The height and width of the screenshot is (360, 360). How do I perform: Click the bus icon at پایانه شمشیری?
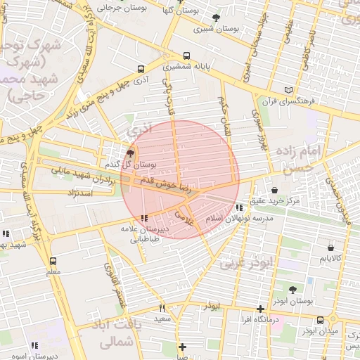[186, 56]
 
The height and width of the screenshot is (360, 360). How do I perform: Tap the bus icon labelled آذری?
[141, 70]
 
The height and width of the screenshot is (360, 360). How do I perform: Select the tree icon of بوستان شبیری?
[215, 18]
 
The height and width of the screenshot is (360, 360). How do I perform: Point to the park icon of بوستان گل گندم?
[129, 152]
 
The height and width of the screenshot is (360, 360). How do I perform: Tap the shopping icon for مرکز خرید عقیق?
[274, 189]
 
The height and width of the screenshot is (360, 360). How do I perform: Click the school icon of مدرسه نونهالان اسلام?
[240, 207]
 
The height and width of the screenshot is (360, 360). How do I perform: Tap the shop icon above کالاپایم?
[331, 247]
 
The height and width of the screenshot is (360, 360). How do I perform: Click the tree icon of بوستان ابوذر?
[292, 289]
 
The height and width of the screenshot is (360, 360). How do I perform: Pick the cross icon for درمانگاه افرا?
[260, 309]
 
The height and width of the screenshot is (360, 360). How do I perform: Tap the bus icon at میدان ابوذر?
[321, 320]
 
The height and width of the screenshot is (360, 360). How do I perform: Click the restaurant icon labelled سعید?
[162, 308]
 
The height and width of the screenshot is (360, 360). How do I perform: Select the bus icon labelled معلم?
[53, 260]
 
